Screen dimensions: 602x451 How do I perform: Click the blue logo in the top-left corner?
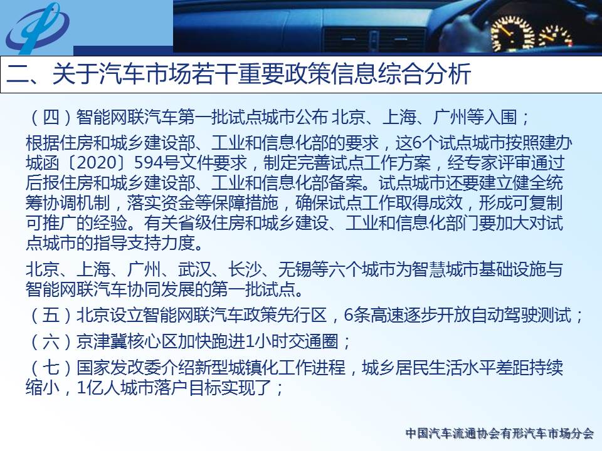click(x=37, y=28)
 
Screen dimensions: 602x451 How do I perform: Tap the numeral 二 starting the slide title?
click(x=18, y=74)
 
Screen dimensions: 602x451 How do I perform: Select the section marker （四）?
click(x=51, y=117)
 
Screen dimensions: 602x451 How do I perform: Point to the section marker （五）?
click(x=51, y=315)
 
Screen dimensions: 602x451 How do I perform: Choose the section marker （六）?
click(x=51, y=341)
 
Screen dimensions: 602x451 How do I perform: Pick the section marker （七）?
click(x=51, y=368)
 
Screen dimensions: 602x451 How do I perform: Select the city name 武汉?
click(x=194, y=269)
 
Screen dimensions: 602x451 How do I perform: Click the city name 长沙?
click(x=245, y=269)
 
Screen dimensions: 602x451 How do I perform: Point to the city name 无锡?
click(x=295, y=269)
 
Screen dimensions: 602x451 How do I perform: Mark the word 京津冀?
click(x=102, y=341)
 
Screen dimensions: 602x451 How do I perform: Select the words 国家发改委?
click(x=119, y=368)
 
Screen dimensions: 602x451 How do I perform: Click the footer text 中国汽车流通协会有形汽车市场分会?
click(x=500, y=433)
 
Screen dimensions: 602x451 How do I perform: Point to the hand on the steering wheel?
click(x=463, y=31)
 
